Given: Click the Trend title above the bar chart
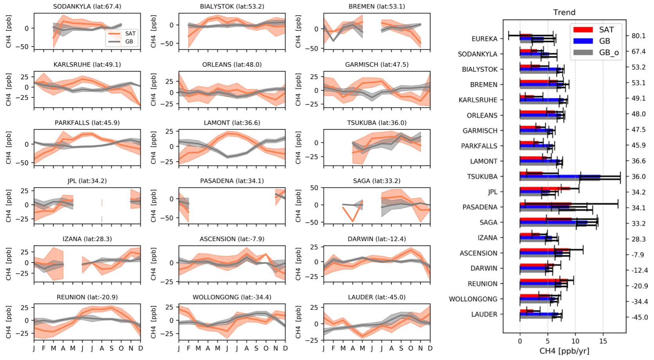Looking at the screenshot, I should tap(564, 13).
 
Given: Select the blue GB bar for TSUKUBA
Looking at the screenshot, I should tap(560, 176).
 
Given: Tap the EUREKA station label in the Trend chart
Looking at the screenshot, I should tap(485, 39).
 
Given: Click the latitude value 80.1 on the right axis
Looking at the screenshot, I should tap(638, 36).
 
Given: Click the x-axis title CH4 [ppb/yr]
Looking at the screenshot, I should tap(564, 351).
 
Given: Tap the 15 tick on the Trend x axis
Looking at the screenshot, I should tap(603, 341).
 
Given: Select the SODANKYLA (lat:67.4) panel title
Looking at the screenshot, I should tap(87, 7).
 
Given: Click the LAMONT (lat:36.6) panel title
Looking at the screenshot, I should tap(232, 123).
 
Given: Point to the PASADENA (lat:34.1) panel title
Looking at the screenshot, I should tap(232, 181).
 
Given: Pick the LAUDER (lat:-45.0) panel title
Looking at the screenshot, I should tap(377, 297).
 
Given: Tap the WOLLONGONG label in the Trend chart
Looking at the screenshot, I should tap(473, 299).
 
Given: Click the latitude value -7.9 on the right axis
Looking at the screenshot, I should tap(638, 255).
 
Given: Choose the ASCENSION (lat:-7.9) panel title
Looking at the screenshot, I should tap(232, 239).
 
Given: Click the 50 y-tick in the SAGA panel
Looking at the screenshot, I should tap(314, 188).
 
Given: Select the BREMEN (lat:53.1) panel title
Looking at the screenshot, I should tap(377, 7).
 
